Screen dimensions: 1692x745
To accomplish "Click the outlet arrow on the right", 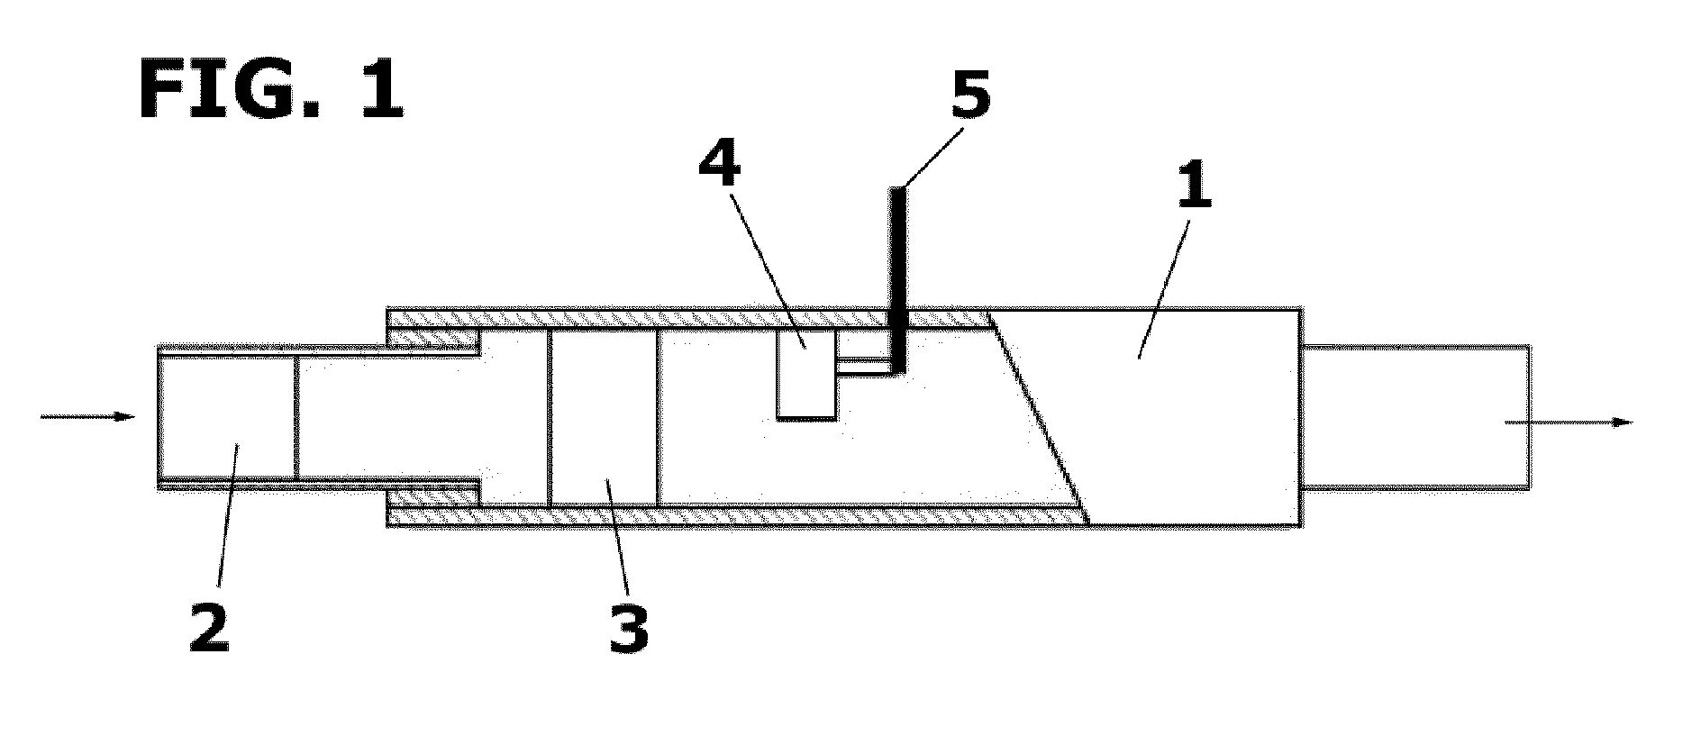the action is [1568, 421].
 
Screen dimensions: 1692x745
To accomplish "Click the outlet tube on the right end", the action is [1415, 417].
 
